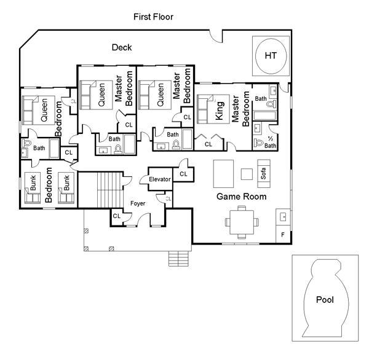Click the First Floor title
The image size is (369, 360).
153,17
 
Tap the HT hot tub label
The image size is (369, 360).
271,56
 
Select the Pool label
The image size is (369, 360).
325,300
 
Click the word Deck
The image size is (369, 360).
122,47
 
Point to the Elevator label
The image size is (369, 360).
160,179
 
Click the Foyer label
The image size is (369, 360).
138,203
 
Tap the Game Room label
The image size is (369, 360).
242,197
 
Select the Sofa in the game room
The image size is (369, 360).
264,173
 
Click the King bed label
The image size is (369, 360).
220,111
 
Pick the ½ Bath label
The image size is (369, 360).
270,143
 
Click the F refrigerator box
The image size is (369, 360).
283,234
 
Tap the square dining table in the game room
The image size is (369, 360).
242,222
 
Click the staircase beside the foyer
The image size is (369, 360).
110,190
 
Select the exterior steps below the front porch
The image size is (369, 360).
178,259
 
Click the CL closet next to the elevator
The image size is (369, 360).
183,174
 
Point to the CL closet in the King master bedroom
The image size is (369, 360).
208,144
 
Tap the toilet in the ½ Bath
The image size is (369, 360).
259,143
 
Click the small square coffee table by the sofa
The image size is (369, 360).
247,174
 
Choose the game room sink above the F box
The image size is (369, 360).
283,217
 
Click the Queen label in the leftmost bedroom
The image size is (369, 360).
44,110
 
